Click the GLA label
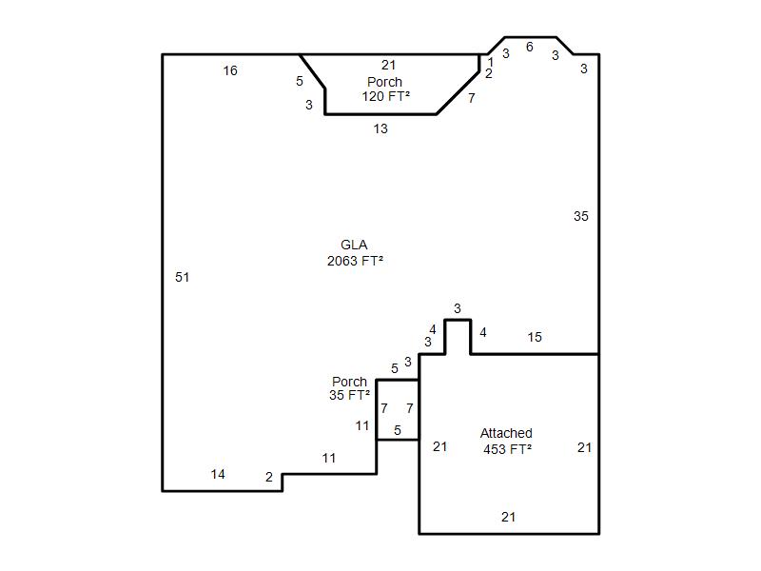click(x=354, y=245)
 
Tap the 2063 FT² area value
click(x=355, y=261)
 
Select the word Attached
click(x=506, y=433)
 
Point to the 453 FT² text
click(x=507, y=449)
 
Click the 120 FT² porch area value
click(x=386, y=96)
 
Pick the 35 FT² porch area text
click(x=349, y=395)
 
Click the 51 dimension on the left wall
click(x=182, y=277)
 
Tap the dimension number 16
click(x=230, y=70)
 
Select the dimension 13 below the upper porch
click(x=380, y=129)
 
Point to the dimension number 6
click(x=530, y=47)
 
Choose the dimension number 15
click(x=535, y=337)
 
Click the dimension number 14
click(x=218, y=474)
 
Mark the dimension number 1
click(x=491, y=62)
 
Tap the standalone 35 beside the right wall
click(x=581, y=216)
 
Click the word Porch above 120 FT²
click(x=385, y=82)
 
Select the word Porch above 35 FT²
click(x=349, y=382)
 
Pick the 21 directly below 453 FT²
click(x=508, y=517)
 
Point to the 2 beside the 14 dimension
click(x=269, y=478)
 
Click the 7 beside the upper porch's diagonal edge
click(x=471, y=98)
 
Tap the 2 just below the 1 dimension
click(x=489, y=73)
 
